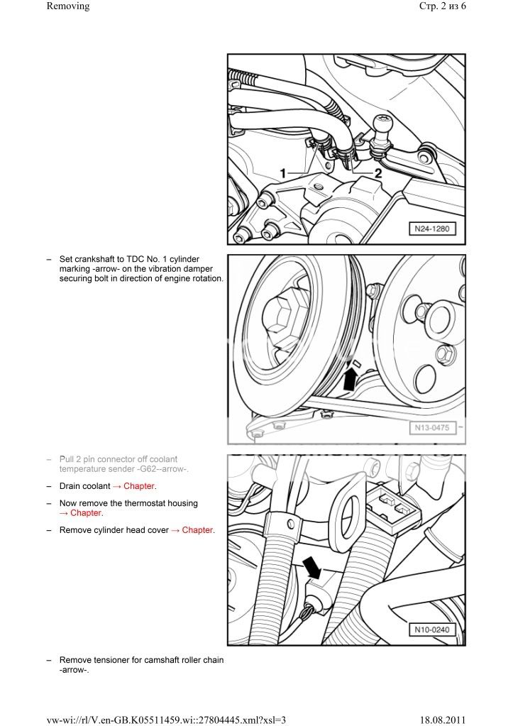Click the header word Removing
click(68, 6)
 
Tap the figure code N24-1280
click(431, 229)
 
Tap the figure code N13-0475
click(431, 427)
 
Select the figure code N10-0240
click(431, 630)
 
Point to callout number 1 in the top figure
click(282, 173)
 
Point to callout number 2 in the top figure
click(378, 173)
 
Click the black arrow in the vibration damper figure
click(349, 380)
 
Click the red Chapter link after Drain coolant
click(139, 487)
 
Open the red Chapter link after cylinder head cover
click(197, 530)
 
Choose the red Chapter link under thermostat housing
click(86, 513)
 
